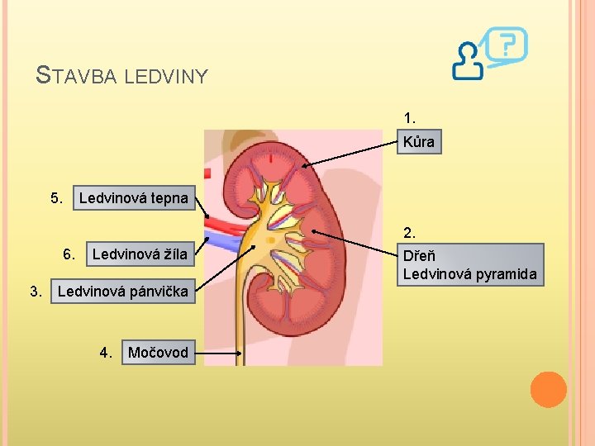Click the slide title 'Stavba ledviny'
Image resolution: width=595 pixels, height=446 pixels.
coord(122,76)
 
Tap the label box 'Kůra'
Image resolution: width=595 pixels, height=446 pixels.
coord(419,142)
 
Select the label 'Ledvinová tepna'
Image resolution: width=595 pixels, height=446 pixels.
coord(133,197)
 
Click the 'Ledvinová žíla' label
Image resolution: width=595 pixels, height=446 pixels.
coord(140,254)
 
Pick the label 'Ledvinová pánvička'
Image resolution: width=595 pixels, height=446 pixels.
coord(123,292)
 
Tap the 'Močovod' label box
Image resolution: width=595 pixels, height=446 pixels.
coord(158,353)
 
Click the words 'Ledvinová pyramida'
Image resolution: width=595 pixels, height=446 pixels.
coord(469,274)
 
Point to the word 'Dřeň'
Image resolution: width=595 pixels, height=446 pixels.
coord(420,256)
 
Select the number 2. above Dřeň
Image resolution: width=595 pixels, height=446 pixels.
coord(411,233)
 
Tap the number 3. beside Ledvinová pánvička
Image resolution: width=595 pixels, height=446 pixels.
coord(36,292)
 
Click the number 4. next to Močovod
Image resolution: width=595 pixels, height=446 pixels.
coord(107,353)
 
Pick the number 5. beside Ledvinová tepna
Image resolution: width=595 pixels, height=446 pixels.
coord(56,197)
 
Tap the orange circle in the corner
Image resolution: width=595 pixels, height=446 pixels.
coord(548,390)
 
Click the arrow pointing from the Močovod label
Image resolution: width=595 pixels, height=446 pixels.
coord(218,353)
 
